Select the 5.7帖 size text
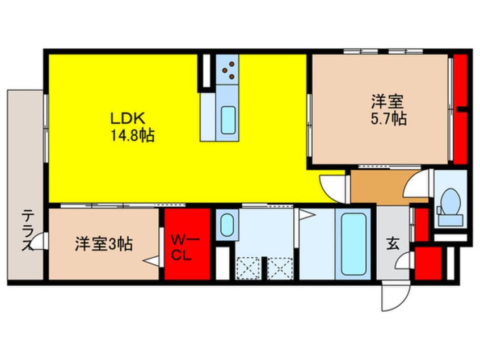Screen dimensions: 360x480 point(388,119)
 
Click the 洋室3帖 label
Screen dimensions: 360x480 point(104,245)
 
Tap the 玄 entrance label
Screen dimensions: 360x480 point(393,244)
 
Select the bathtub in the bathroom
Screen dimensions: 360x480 point(353,245)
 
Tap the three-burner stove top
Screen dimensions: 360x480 point(229,70)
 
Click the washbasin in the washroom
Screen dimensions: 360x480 point(226,224)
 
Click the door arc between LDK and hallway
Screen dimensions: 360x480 point(332,187)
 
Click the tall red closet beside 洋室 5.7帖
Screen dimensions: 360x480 point(460,108)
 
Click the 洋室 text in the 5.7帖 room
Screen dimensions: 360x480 point(388,102)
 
